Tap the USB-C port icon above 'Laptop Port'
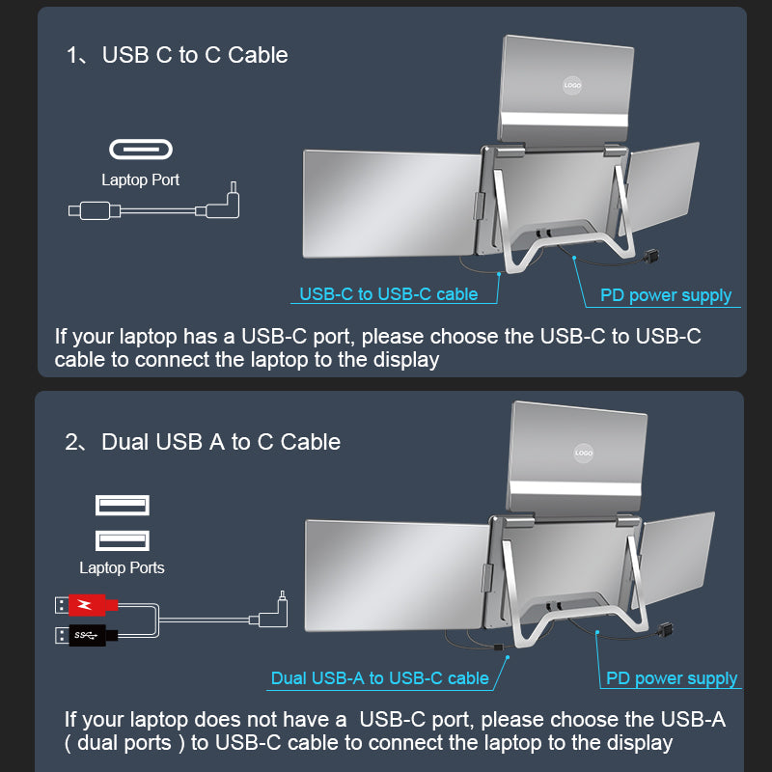coord(141,150)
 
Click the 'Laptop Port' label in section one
coord(141,179)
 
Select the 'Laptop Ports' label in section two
coord(122,567)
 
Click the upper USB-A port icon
coord(122,505)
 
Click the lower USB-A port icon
coord(122,540)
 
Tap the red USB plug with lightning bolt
coord(86,605)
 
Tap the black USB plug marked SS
coord(86,635)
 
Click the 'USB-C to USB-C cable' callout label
coord(389,294)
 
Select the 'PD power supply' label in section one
coord(666,295)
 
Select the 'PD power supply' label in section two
coord(672,679)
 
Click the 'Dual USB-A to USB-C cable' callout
coord(380,678)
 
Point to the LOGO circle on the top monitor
coord(572,85)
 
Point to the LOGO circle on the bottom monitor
coord(583,452)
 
